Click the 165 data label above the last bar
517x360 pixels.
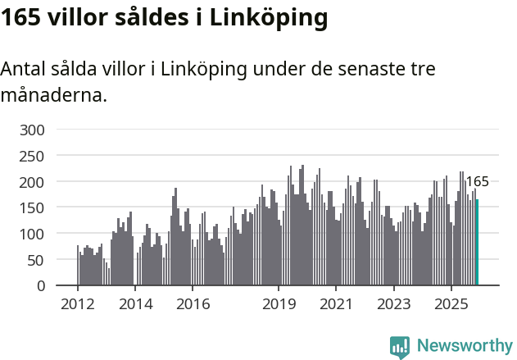[x=477, y=182]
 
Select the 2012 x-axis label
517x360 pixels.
[x=78, y=304]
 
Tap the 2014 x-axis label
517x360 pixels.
[x=135, y=304]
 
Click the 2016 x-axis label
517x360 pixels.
[x=193, y=304]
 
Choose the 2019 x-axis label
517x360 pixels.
[x=279, y=304]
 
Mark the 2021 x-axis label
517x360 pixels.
[x=336, y=304]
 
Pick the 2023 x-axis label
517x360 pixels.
[x=393, y=304]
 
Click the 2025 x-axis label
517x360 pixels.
[x=451, y=304]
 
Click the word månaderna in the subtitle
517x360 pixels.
[x=53, y=95]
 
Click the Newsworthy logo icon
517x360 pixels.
[x=400, y=347]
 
